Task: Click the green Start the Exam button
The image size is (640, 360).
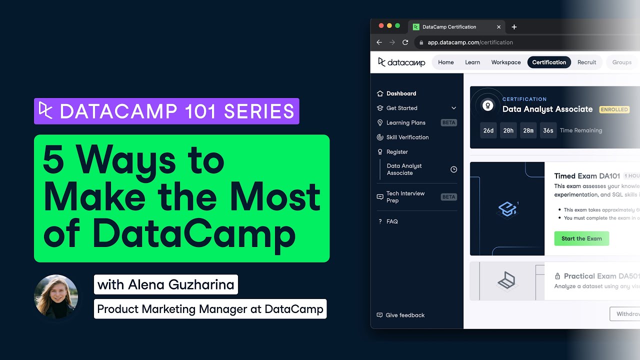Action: [x=581, y=238]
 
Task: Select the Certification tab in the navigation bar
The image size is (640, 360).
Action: [x=549, y=62]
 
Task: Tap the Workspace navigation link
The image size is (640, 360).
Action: [x=506, y=62]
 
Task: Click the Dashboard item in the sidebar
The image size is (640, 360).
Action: [x=401, y=93]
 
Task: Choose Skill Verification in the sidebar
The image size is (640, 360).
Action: [x=407, y=137]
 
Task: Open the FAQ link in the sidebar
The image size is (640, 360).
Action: [x=392, y=221]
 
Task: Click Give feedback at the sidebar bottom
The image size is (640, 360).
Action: [x=405, y=315]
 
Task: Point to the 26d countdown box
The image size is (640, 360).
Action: [x=488, y=130]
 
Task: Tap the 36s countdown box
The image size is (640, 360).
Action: [x=548, y=130]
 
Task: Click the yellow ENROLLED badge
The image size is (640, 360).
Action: [x=614, y=109]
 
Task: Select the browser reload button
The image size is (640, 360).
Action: [x=405, y=42]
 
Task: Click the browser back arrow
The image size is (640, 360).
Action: [x=379, y=42]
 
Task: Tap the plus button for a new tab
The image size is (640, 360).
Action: [x=514, y=27]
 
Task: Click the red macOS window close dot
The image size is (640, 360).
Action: [x=381, y=26]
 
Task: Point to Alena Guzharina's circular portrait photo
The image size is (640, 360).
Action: [x=56, y=296]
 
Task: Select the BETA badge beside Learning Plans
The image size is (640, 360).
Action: [x=448, y=122]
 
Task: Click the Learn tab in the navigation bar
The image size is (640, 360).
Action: [x=472, y=62]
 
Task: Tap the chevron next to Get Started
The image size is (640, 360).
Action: [x=453, y=108]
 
